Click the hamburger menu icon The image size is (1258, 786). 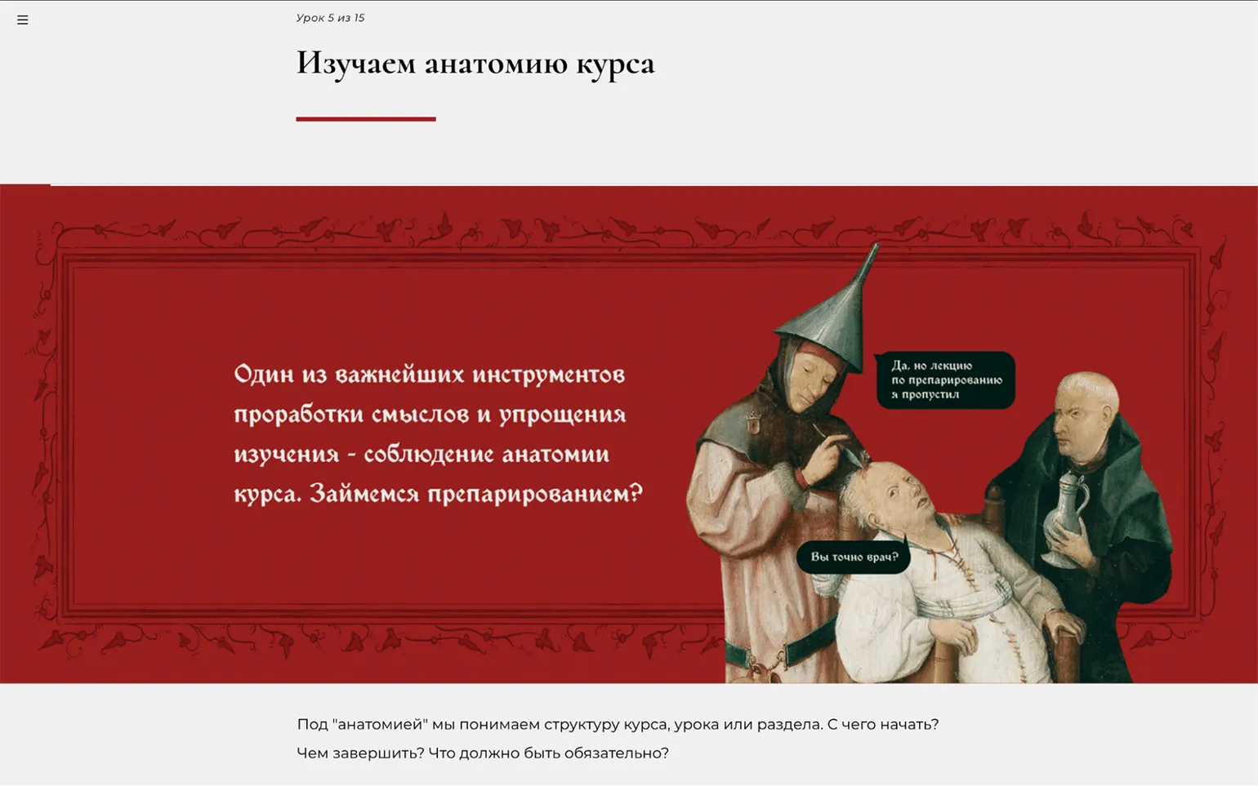click(x=23, y=20)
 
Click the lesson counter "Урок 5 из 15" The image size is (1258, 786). click(x=330, y=18)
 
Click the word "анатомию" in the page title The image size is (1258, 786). click(x=496, y=63)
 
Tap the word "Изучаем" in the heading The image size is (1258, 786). click(x=356, y=64)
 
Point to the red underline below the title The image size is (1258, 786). click(x=366, y=119)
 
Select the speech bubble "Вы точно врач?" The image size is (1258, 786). click(x=853, y=557)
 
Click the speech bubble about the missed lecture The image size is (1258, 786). click(x=946, y=380)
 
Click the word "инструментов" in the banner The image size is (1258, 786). click(x=549, y=374)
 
